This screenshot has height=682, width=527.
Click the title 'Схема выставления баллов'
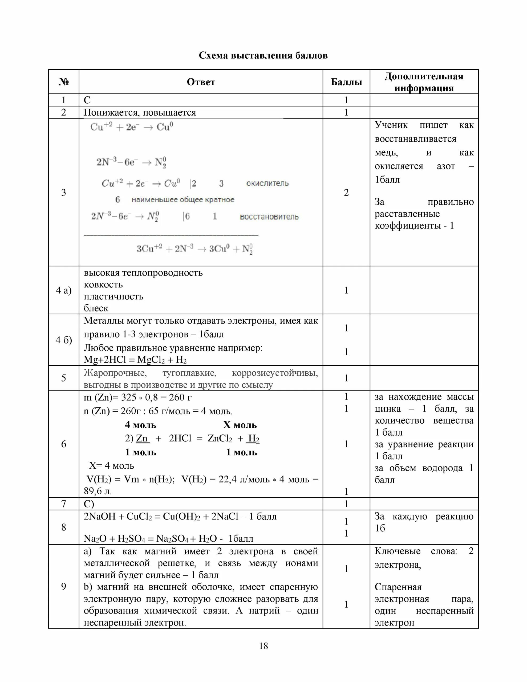(263, 56)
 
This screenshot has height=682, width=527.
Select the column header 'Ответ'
(201, 82)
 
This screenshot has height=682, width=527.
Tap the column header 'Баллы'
(346, 82)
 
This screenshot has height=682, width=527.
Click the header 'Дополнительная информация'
(424, 82)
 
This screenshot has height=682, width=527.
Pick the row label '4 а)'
(64, 290)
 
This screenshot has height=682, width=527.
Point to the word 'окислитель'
(267, 183)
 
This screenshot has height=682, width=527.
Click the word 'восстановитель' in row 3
(269, 217)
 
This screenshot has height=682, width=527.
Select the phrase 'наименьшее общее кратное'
(183, 200)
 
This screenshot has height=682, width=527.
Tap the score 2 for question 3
(346, 192)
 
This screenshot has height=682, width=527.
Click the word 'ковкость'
(103, 285)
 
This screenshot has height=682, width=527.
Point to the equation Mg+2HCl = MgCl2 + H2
(135, 360)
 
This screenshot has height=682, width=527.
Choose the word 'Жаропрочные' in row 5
(115, 373)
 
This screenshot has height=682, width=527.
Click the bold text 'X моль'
(240, 425)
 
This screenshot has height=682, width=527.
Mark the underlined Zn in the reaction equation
(142, 439)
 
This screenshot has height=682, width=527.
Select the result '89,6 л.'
(98, 491)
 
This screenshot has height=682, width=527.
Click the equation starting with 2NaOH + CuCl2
(180, 517)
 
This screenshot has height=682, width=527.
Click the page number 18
(263, 646)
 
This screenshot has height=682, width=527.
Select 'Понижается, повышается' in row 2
(140, 112)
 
